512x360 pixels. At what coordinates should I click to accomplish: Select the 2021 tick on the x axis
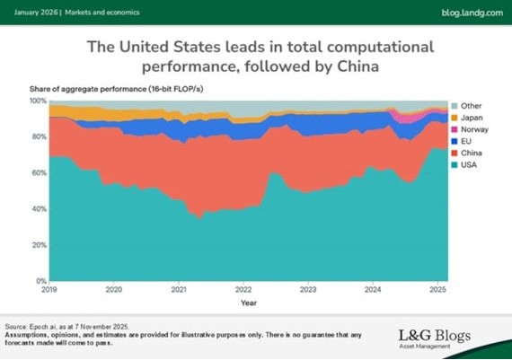click(179, 290)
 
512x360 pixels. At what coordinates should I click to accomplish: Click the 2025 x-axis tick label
click(437, 290)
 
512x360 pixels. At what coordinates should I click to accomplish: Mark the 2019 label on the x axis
click(49, 290)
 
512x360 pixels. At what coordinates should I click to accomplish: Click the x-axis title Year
click(248, 303)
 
